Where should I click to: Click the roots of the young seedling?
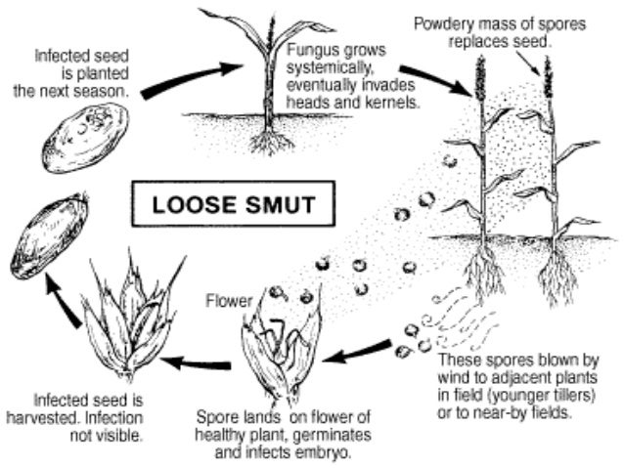coord(269,143)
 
